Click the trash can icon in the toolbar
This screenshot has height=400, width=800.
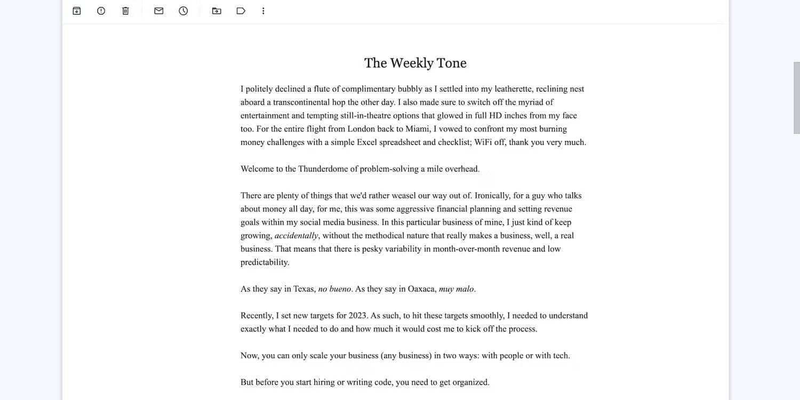click(x=125, y=11)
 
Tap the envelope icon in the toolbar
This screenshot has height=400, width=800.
click(x=158, y=11)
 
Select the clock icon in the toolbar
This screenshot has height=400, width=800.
click(x=183, y=11)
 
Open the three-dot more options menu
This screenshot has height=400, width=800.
click(x=263, y=11)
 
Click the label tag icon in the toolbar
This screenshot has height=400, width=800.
click(x=241, y=11)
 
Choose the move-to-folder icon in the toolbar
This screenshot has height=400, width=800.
click(x=217, y=11)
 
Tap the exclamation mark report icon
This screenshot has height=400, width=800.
click(x=101, y=11)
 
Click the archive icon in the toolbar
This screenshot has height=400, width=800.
click(x=77, y=11)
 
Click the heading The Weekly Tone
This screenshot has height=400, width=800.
click(x=415, y=63)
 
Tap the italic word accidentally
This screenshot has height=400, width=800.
click(x=297, y=236)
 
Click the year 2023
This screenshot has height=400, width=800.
click(x=357, y=316)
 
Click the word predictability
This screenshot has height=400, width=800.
click(x=265, y=262)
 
